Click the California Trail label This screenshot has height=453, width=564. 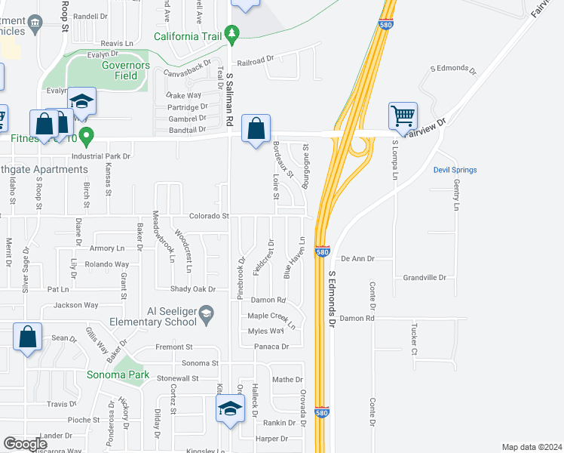(189, 35)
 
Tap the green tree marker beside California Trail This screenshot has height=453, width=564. (234, 33)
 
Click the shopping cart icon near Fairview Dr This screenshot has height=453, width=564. (403, 116)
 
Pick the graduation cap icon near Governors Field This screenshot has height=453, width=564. (81, 101)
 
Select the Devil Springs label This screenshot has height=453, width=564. (455, 170)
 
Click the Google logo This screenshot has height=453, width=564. (25, 444)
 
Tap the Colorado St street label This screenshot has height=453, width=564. (209, 216)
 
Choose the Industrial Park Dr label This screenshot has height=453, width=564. (101, 156)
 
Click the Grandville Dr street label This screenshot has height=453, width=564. (425, 278)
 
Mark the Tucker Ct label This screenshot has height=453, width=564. (414, 341)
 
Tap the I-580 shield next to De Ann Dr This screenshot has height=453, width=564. (322, 251)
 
